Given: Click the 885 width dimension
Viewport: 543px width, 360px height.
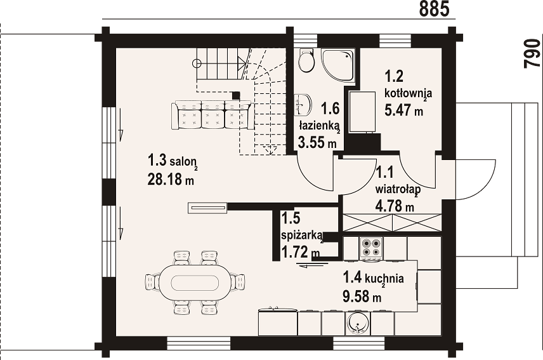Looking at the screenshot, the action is (435, 9).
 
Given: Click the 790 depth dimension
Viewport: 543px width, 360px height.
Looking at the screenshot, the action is (532, 54).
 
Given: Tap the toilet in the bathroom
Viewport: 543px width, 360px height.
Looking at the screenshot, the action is (306, 60).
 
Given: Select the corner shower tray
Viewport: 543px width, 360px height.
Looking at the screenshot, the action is (337, 66).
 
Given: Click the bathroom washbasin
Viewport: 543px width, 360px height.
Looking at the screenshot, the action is (303, 105).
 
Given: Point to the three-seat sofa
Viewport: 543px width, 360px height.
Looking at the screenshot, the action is (211, 115).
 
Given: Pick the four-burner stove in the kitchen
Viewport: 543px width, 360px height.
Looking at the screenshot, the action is (371, 248).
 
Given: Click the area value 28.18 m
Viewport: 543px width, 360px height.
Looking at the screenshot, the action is (171, 180).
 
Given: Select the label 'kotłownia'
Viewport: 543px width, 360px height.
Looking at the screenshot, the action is (409, 93).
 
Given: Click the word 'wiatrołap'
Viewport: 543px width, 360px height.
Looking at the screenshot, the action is (398, 190).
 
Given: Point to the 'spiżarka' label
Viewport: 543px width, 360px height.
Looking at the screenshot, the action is (302, 236).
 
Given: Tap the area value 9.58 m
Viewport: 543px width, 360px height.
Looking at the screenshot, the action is (362, 297).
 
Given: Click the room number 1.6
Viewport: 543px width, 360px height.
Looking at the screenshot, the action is (330, 109).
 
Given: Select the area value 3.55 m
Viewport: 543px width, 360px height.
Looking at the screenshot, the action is (317, 142).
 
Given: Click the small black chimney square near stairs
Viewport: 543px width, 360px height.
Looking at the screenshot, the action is (236, 96).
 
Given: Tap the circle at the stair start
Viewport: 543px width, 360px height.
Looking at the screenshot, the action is (197, 63).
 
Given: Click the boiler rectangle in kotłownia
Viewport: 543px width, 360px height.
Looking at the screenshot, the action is (362, 112).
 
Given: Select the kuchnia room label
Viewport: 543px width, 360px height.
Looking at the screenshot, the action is (373, 278).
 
